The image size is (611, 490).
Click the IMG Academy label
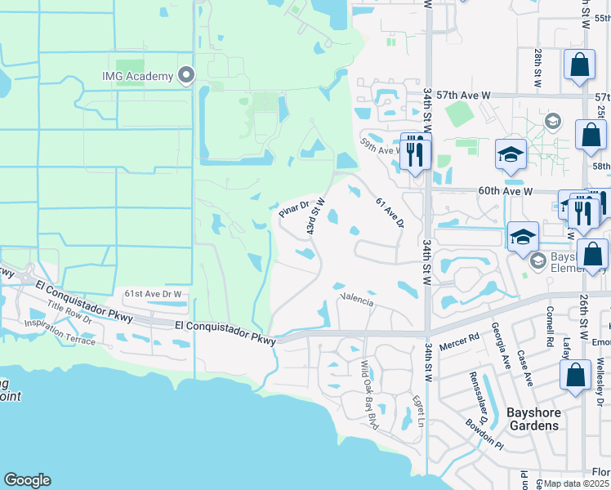pos(137,76)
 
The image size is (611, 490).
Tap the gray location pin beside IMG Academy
pos(186,76)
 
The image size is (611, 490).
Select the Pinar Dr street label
pos(293,209)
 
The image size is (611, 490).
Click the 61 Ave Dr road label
pos(390,212)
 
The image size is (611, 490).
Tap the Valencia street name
pos(357,301)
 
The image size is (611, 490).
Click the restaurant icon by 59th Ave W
pos(416,152)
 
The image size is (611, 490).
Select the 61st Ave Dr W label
pos(156,293)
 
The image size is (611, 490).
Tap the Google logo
pos(27,480)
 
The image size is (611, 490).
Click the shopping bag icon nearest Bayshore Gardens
pos(576,376)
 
